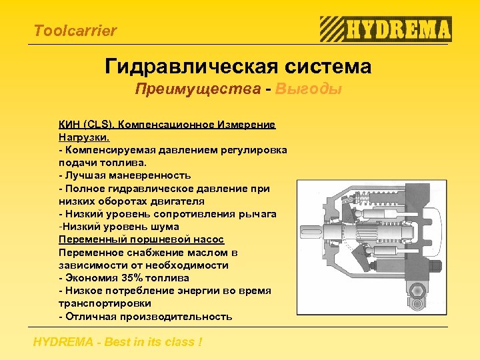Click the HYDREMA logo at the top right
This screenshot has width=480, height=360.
[386, 29]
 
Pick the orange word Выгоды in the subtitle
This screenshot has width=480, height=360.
[309, 89]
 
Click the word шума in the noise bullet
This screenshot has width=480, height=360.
[166, 227]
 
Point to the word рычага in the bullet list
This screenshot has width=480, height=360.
[259, 214]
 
